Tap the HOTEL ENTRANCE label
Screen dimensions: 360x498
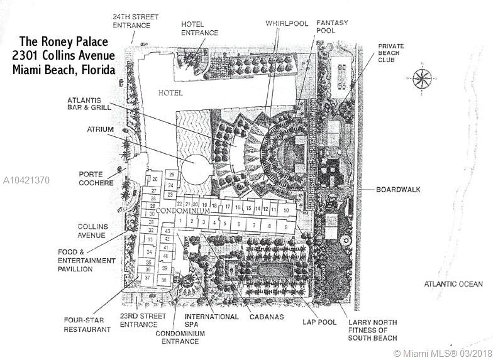click(x=199, y=28)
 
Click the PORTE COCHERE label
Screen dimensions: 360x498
click(x=96, y=178)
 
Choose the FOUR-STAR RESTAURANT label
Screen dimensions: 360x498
click(x=87, y=324)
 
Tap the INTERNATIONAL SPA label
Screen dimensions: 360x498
click(x=211, y=321)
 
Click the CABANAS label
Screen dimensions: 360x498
click(x=264, y=317)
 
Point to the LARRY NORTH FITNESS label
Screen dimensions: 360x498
click(x=373, y=329)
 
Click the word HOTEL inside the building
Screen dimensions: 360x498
click(x=170, y=93)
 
